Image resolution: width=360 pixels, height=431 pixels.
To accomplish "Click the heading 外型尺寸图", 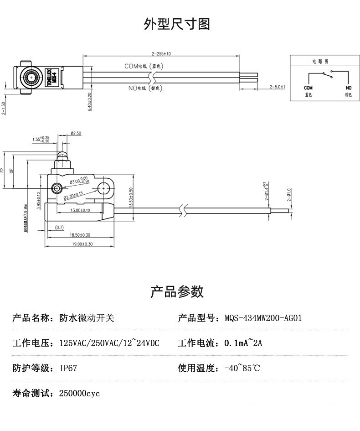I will (x=177, y=24).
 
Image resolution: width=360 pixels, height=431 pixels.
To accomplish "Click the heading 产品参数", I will (x=177, y=291).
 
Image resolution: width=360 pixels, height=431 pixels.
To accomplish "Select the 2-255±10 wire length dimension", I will (x=161, y=54).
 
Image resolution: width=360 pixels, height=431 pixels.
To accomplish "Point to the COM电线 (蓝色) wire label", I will (x=144, y=66).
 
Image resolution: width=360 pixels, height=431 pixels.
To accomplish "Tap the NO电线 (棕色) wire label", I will (x=145, y=88).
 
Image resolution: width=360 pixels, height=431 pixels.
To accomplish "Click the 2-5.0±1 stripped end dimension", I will (x=277, y=87).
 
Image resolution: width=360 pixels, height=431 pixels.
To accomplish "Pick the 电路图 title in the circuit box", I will (x=320, y=61).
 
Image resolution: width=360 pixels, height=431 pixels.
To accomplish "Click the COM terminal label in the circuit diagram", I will (x=308, y=88).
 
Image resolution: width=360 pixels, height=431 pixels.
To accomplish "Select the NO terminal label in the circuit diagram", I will (x=349, y=88).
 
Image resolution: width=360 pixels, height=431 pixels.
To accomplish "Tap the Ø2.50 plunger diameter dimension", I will (x=76, y=134).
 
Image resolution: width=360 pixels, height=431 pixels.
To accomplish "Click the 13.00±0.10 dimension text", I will (x=80, y=210).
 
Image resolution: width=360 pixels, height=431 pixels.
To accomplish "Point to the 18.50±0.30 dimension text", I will (x=80, y=235).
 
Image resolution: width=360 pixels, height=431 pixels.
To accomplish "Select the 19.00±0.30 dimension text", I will (x=80, y=244).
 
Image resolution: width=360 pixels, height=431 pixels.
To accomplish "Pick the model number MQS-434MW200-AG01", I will (x=263, y=318).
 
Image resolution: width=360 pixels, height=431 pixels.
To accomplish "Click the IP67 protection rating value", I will (x=68, y=368).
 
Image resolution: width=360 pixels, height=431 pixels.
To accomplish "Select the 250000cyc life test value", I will (x=79, y=393).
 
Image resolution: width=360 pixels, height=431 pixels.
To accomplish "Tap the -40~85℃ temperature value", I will (x=242, y=368).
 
